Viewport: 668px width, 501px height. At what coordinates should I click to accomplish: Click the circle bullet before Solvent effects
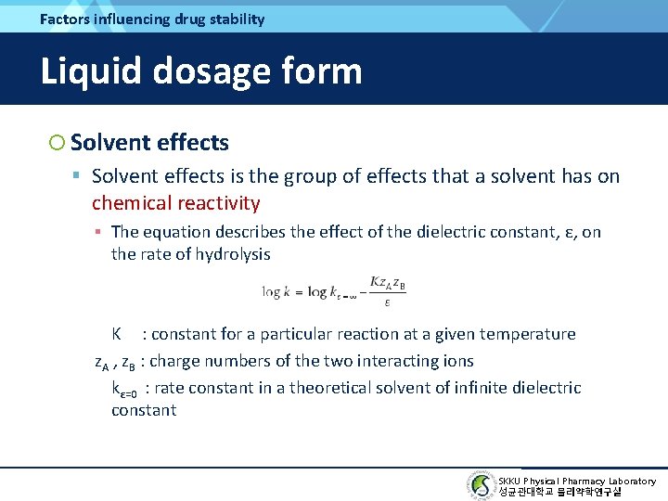tap(57, 142)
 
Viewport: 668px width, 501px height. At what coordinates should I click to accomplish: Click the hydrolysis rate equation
tap(334, 291)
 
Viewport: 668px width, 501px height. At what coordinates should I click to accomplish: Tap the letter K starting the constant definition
tap(117, 334)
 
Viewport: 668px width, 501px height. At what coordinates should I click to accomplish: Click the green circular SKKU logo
tap(481, 485)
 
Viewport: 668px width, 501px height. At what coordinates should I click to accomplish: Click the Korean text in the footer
tap(559, 492)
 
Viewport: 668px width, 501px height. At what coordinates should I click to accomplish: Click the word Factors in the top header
tap(65, 19)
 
